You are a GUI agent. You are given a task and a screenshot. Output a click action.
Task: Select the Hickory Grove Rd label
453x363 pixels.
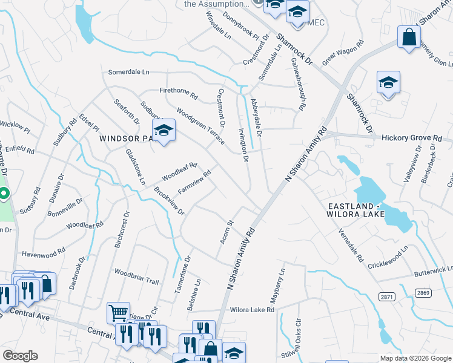coord(412,138)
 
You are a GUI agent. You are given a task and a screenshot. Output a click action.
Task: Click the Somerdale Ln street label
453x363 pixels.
coord(128,72)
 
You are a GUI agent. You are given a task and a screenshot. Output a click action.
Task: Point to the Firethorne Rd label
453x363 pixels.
coord(179,94)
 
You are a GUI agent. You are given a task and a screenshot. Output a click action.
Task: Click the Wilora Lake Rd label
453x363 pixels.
coord(253,310)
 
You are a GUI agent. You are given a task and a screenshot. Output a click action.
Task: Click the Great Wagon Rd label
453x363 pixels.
coord(343,53)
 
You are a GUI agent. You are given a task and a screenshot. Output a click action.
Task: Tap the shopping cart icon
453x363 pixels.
coord(118,313)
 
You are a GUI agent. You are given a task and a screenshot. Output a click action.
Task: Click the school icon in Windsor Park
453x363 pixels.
coord(164,129)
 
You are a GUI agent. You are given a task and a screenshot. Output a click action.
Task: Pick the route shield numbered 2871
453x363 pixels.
coord(388,296)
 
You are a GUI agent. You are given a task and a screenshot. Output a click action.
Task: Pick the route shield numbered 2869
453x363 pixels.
coord(423,293)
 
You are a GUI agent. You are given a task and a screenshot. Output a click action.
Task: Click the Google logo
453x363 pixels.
coord(20,355)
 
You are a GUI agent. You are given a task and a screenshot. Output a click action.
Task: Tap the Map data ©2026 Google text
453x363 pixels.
coord(415,358)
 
